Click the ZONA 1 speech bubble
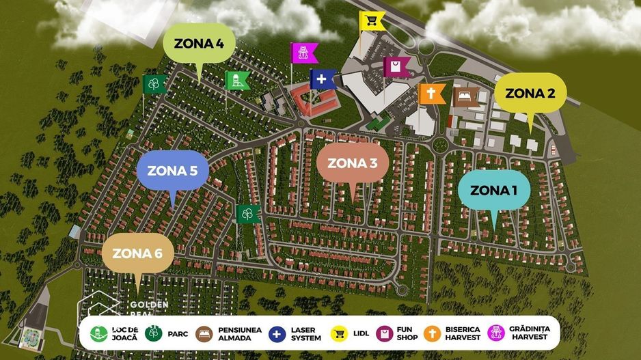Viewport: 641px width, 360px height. click(x=493, y=190)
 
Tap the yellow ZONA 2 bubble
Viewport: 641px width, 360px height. click(x=530, y=94)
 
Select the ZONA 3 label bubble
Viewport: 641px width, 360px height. click(x=352, y=163)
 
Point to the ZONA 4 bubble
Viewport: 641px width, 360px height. click(x=199, y=44)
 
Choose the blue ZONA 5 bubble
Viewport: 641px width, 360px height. click(x=172, y=171)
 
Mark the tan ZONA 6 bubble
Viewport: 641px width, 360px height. click(x=137, y=253)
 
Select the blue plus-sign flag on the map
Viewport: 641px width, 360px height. click(x=323, y=79)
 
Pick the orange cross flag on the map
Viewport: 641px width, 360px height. click(x=432, y=94)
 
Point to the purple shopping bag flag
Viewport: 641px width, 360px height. click(x=396, y=67)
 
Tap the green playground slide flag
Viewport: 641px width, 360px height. click(x=237, y=81)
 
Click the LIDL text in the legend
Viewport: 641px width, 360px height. click(x=362, y=333)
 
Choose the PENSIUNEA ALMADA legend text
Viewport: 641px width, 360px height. click(x=240, y=333)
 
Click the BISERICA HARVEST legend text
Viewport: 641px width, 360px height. click(x=463, y=333)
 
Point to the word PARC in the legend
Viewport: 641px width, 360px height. click(x=178, y=334)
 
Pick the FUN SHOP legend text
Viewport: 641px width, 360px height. click(x=407, y=333)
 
